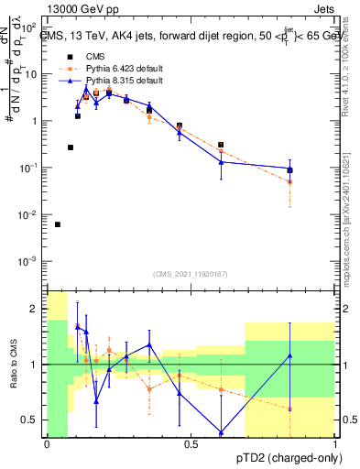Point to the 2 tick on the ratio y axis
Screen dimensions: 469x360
click(x=33, y=309)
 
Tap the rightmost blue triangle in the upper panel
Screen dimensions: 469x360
click(x=290, y=169)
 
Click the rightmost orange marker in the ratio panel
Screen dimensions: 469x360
click(x=290, y=409)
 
